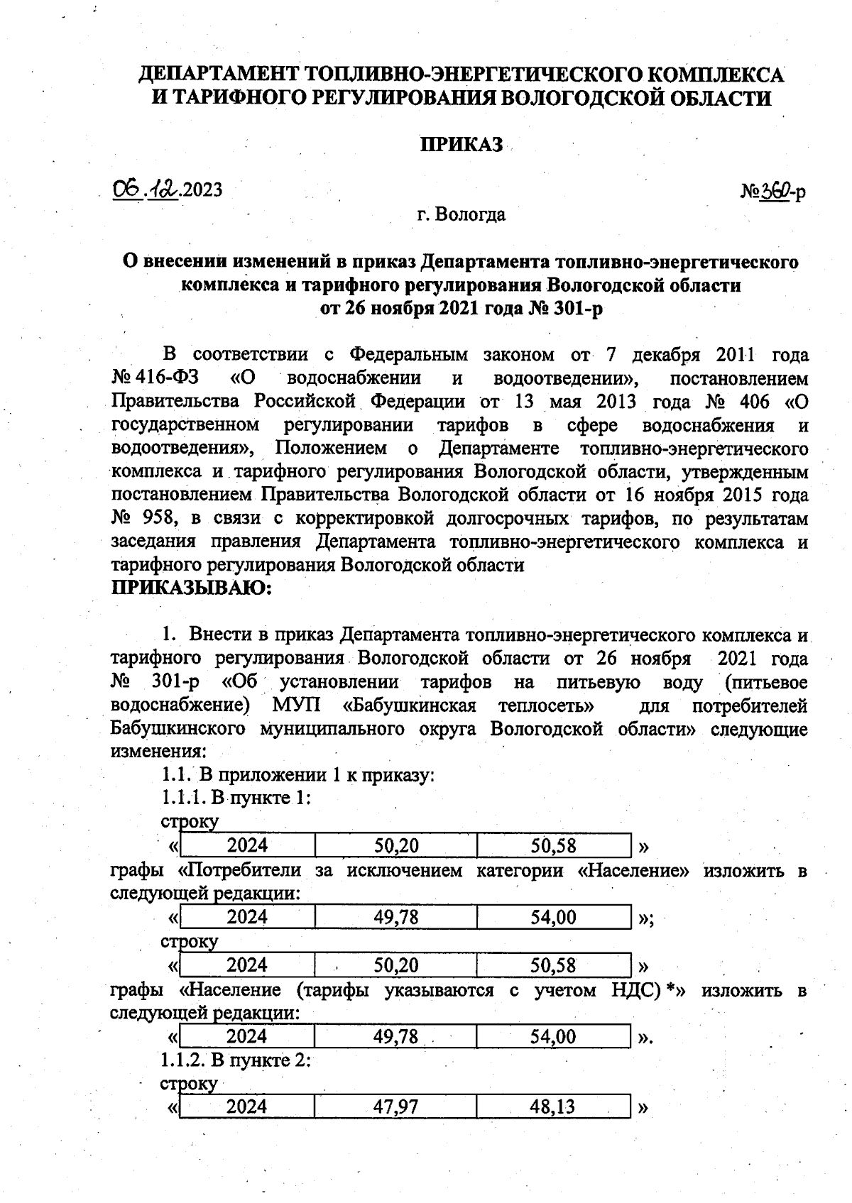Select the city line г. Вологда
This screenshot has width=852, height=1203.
click(x=461, y=214)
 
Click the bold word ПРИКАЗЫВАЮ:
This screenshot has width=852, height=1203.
click(x=192, y=588)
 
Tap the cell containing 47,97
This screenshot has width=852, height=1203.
click(x=396, y=1106)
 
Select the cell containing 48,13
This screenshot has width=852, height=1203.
click(x=553, y=1106)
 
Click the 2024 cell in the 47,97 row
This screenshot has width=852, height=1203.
click(x=247, y=1106)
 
